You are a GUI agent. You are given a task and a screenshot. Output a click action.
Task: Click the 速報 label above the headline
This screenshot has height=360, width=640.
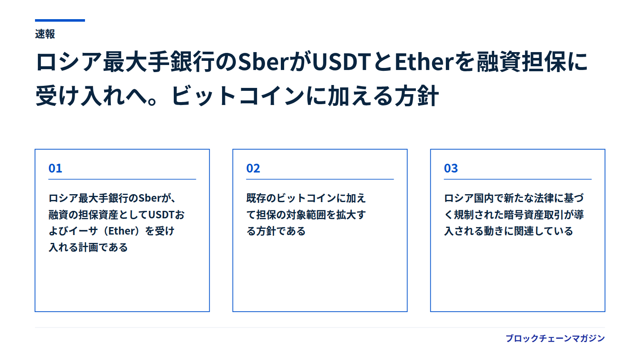coord(45,34)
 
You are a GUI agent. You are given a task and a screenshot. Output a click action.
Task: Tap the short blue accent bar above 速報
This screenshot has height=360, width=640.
coord(60,20)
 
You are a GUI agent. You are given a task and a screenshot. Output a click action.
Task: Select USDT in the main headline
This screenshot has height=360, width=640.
coord(341,62)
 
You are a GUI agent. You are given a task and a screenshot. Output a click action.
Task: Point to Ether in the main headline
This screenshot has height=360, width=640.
coord(424,62)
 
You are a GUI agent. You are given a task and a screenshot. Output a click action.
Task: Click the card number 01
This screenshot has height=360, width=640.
coord(55,168)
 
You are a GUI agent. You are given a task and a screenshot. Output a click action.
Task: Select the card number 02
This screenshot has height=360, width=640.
coord(253,168)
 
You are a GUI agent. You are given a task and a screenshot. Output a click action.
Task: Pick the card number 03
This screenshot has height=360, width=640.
coord(451,168)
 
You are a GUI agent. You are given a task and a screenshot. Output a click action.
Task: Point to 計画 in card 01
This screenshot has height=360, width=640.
coord(88,247)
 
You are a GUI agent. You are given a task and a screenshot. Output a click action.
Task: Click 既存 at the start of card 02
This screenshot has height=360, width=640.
coord(256,198)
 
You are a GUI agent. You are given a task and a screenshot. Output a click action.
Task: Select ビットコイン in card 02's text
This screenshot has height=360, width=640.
coord(306,198)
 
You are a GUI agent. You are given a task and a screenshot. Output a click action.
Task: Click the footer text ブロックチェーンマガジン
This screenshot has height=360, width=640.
coord(555,339)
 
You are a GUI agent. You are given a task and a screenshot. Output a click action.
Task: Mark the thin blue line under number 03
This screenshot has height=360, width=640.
coord(518,180)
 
